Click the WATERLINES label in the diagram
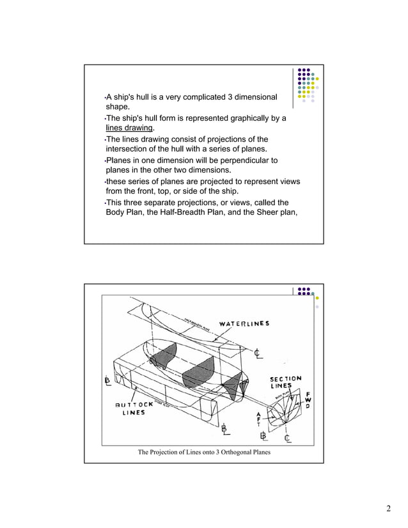(244, 323)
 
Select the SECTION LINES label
(285, 382)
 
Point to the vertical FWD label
(308, 400)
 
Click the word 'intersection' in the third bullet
(129, 150)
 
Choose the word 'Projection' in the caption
(167, 453)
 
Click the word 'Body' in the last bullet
(115, 213)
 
